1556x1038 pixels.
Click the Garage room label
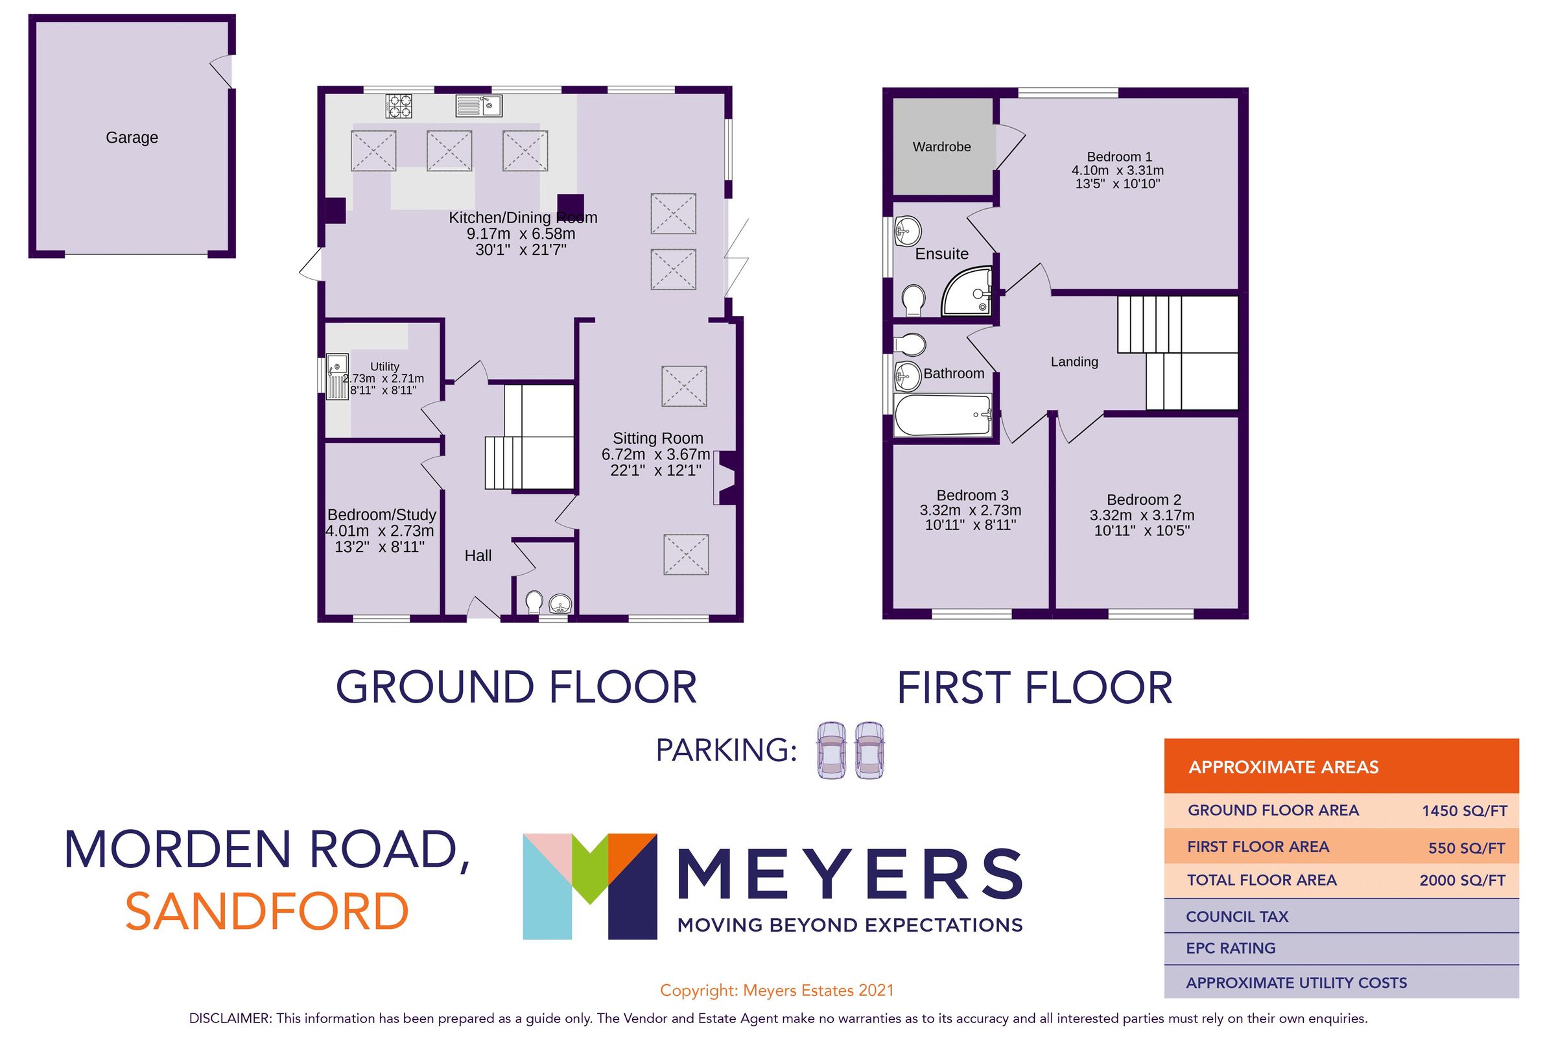pyautogui.click(x=132, y=138)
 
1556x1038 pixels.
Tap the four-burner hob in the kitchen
pyautogui.click(x=399, y=106)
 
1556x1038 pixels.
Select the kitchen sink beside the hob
pyautogui.click(x=479, y=106)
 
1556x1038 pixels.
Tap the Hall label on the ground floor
pyautogui.click(x=478, y=555)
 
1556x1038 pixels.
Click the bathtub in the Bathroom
pyautogui.click(x=942, y=415)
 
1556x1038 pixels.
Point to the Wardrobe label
pyautogui.click(x=941, y=147)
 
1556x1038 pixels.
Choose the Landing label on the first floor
pyautogui.click(x=1074, y=361)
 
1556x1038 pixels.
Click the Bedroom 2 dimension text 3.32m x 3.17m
pyautogui.click(x=1142, y=515)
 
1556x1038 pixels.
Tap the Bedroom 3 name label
pyautogui.click(x=972, y=495)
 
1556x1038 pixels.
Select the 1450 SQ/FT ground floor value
pyautogui.click(x=1464, y=811)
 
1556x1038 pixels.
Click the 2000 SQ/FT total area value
pyautogui.click(x=1462, y=880)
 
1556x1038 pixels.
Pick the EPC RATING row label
pyautogui.click(x=1231, y=948)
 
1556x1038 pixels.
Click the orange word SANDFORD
pyautogui.click(x=267, y=911)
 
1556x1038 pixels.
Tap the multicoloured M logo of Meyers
pyautogui.click(x=589, y=886)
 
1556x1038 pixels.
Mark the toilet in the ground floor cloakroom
pyautogui.click(x=534, y=603)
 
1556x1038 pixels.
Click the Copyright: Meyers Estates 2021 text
pyautogui.click(x=777, y=991)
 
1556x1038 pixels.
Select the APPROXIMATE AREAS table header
pyautogui.click(x=1284, y=767)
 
